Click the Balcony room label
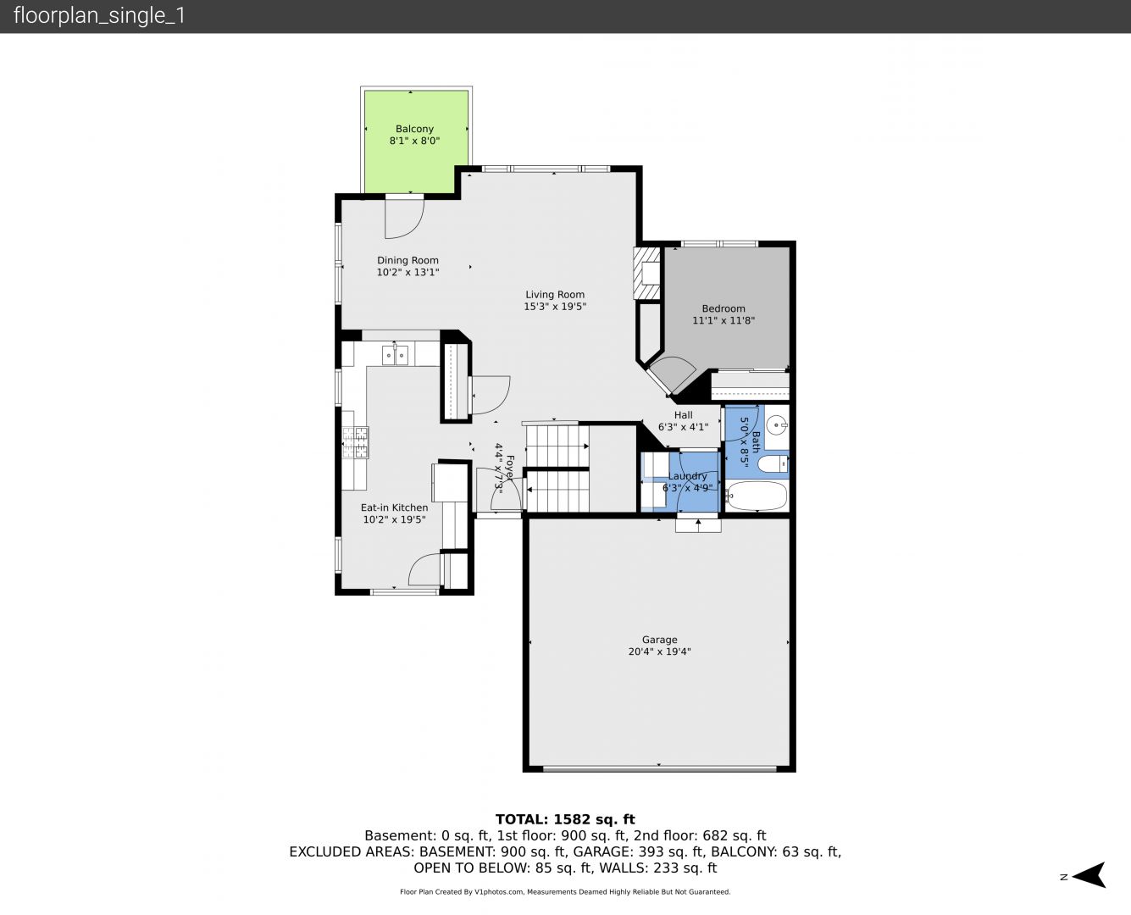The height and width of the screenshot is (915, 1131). pyautogui.click(x=414, y=129)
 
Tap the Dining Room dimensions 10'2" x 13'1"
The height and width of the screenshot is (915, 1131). pyautogui.click(x=407, y=273)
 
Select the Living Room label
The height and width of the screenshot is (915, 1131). pyautogui.click(x=555, y=295)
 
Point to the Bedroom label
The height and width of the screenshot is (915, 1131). pyautogui.click(x=724, y=308)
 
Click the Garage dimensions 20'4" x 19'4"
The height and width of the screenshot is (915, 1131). pyautogui.click(x=659, y=652)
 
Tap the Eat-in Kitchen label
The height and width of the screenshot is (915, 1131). pyautogui.click(x=394, y=507)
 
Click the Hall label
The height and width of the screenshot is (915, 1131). pyautogui.click(x=684, y=415)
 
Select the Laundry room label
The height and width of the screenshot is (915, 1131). pyautogui.click(x=687, y=476)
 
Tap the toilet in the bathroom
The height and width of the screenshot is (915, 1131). pyautogui.click(x=773, y=464)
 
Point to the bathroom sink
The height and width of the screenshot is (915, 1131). pyautogui.click(x=778, y=424)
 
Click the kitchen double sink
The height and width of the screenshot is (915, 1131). pyautogui.click(x=395, y=355)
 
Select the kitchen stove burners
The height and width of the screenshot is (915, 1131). pyautogui.click(x=355, y=442)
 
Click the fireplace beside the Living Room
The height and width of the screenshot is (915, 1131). pyautogui.click(x=646, y=274)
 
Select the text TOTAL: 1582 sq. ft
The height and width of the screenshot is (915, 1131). pyautogui.click(x=565, y=819)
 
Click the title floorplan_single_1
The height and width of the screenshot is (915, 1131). pyautogui.click(x=99, y=16)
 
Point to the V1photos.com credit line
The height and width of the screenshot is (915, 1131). pyautogui.click(x=565, y=892)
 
